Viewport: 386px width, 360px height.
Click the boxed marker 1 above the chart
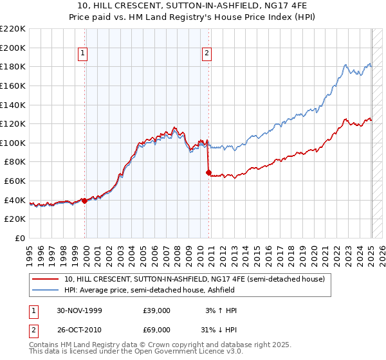(x=84, y=54)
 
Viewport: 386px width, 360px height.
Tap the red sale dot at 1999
(x=85, y=201)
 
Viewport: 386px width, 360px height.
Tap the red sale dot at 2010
(x=208, y=172)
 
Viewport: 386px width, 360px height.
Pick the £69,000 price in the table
(x=157, y=329)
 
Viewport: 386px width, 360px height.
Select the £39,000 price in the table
(x=157, y=310)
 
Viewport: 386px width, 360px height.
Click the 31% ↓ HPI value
(x=219, y=329)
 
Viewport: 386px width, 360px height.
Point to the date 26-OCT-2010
(x=78, y=329)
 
